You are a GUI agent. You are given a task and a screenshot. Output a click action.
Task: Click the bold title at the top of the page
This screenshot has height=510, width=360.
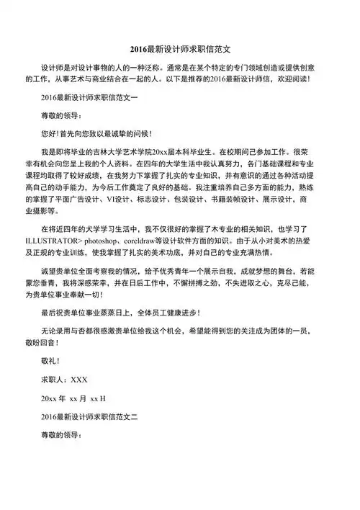[x=180, y=50]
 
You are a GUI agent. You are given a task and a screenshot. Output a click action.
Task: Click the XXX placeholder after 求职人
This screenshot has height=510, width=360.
[x=78, y=379]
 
